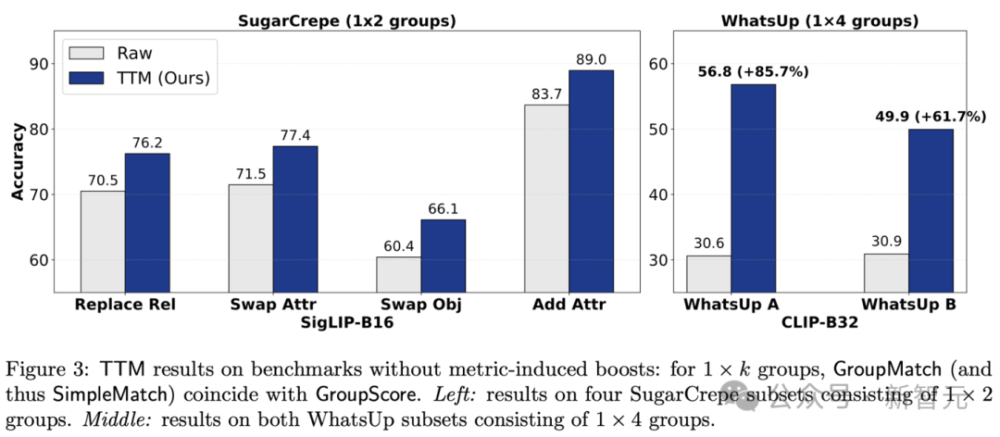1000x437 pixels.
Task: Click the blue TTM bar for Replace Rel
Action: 147,221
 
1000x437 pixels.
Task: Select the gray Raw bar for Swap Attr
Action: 250,237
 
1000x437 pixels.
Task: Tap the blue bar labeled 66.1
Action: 444,255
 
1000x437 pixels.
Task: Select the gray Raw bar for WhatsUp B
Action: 885,272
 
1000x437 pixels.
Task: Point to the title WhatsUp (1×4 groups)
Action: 819,19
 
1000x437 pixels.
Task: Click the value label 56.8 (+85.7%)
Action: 753,70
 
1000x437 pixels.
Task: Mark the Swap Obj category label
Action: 421,303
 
